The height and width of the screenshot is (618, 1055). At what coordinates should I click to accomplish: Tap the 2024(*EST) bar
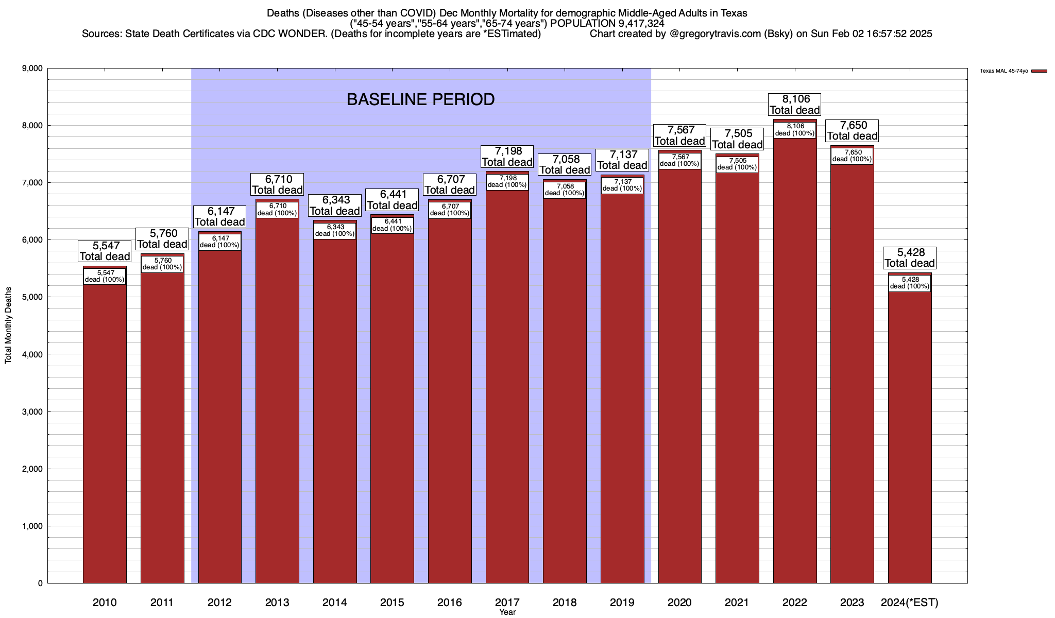pyautogui.click(x=910, y=438)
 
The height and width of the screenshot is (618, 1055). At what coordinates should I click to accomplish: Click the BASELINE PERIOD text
pyautogui.click(x=420, y=99)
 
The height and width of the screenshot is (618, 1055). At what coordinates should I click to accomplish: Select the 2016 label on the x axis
pyautogui.click(x=450, y=603)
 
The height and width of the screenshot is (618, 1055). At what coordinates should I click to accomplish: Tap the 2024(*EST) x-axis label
pyautogui.click(x=910, y=603)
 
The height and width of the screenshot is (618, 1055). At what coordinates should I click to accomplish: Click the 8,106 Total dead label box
pyautogui.click(x=795, y=105)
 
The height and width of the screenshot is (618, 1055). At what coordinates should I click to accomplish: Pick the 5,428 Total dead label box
pyautogui.click(x=910, y=257)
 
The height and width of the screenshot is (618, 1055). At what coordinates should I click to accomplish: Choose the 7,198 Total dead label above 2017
pyautogui.click(x=507, y=157)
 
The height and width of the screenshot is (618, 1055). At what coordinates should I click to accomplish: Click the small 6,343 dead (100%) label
pyautogui.click(x=335, y=230)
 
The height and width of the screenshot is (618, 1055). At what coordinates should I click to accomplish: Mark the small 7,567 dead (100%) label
pyautogui.click(x=680, y=161)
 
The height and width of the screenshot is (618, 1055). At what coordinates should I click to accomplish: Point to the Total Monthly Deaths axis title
pyautogui.click(x=8, y=325)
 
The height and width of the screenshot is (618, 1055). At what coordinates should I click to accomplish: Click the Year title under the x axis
pyautogui.click(x=507, y=612)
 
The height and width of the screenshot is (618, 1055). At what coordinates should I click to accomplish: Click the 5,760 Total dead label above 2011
pyautogui.click(x=162, y=239)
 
